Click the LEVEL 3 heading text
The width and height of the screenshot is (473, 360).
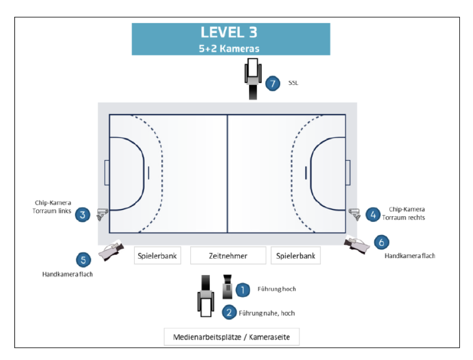pos(229,33)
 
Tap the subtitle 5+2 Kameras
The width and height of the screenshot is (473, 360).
pos(229,49)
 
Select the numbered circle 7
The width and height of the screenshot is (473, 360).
pos(273,83)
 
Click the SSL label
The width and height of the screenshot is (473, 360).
pos(293,83)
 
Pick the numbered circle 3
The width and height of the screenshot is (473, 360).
pos(82,215)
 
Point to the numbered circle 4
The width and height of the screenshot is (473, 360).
pos(373,215)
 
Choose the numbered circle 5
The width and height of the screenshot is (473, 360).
pos(83,260)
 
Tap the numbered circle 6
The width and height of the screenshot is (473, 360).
pos(382,242)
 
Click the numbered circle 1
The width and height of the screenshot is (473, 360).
pos(243,290)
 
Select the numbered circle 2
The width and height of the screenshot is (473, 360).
pos(229,312)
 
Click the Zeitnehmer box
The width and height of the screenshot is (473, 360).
pos(228,256)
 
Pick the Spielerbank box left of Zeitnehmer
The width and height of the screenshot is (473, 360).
pos(157,256)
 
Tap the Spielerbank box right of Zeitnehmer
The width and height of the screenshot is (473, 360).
pos(296,256)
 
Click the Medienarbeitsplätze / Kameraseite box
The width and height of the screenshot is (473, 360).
pos(232,337)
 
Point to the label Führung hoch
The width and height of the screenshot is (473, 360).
pos(277,289)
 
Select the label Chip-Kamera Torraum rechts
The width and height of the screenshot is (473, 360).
pos(404,214)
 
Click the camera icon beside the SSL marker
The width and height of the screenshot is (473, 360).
pos(253,79)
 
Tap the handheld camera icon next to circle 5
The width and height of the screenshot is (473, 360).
pos(111,250)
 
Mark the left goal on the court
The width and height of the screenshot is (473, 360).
pos(107,173)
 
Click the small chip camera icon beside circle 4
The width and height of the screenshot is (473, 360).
pos(354,214)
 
